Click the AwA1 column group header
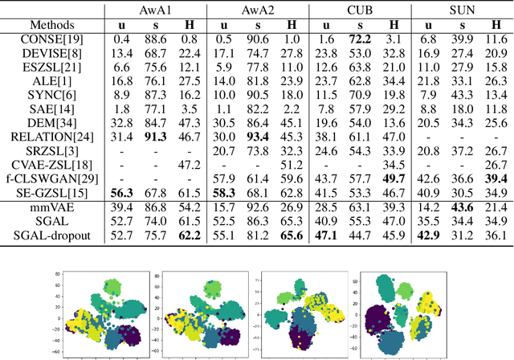click(156, 12)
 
